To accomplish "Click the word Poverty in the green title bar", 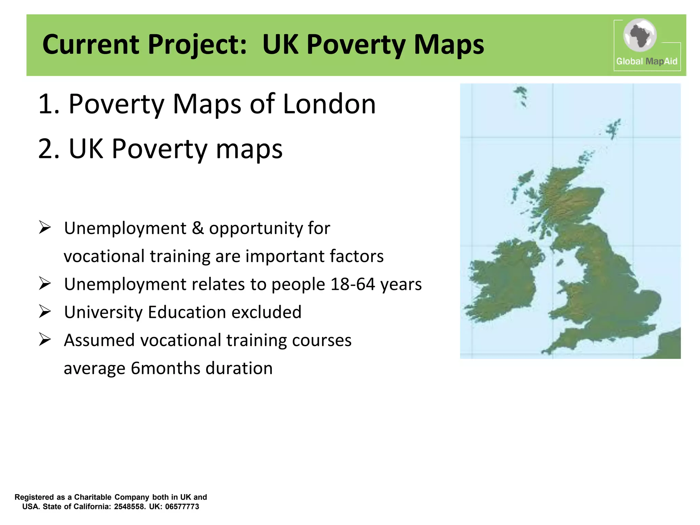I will [x=356, y=45].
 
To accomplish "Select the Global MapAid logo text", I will [x=646, y=62].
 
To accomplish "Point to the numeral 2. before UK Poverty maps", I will [x=49, y=149].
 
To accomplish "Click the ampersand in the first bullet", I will [x=198, y=228].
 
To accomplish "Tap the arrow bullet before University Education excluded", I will [x=45, y=311].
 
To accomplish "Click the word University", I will [x=103, y=312].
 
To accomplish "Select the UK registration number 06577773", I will [x=182, y=507].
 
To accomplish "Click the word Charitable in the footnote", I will [x=93, y=497].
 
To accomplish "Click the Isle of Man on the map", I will [x=560, y=262].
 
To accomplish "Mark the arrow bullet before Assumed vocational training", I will [x=45, y=339].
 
